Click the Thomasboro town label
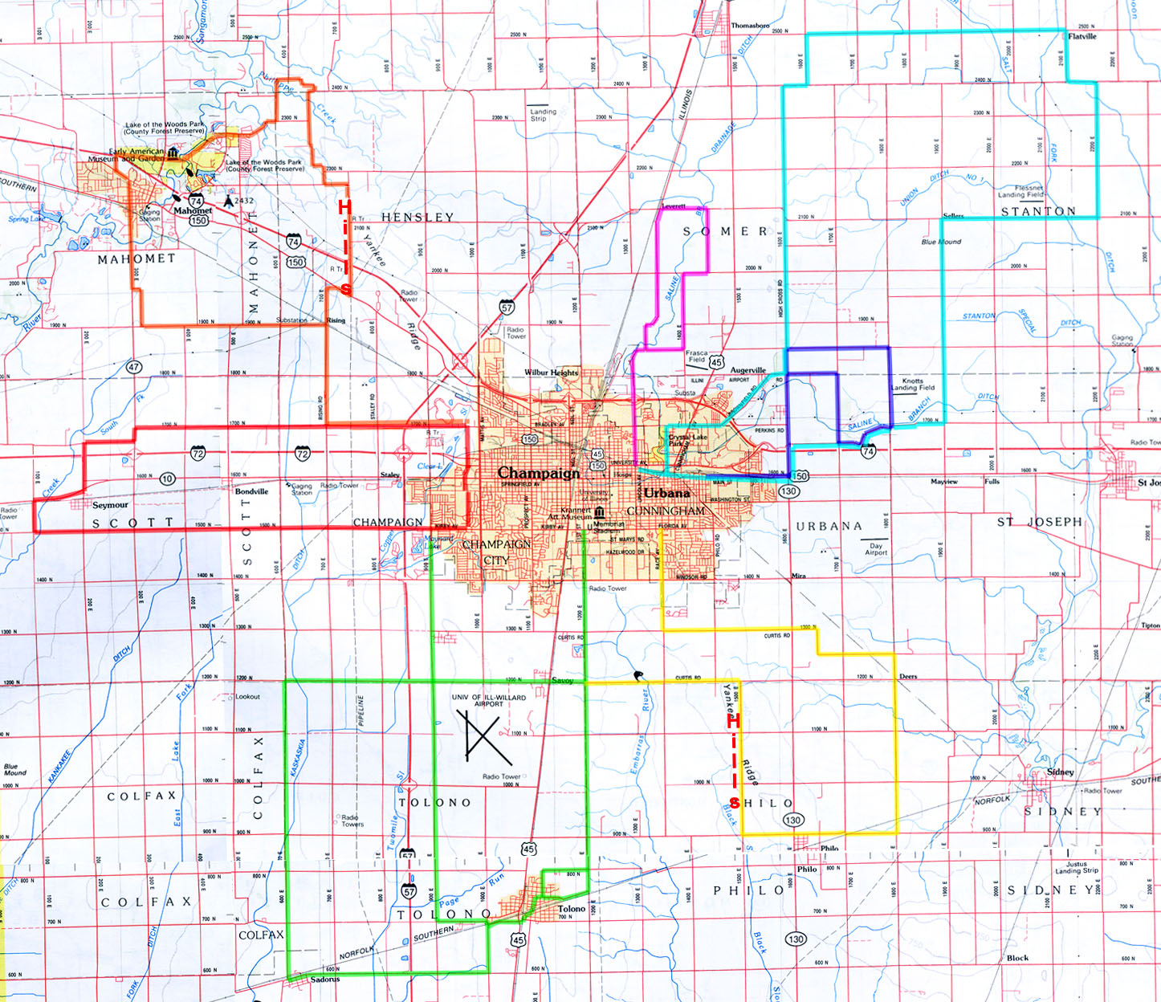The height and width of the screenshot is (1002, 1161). tap(750, 26)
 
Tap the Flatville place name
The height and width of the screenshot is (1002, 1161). tap(1082, 36)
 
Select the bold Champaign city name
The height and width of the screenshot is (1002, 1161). tap(538, 473)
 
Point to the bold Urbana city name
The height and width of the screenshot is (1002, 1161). tap(666, 492)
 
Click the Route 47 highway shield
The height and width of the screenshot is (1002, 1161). tap(134, 367)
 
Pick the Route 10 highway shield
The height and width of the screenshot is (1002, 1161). tap(167, 479)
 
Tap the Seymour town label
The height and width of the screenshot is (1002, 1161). tap(110, 505)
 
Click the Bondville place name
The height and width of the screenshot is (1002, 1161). tap(251, 491)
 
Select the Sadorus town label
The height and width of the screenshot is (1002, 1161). tap(325, 980)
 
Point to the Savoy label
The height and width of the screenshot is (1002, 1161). tap(562, 681)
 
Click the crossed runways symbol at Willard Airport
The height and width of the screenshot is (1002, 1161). tap(484, 735)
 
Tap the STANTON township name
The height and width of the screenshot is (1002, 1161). tap(1038, 211)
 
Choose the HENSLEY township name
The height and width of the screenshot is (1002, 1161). tap(418, 217)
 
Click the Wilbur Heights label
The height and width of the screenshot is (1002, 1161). tap(551, 373)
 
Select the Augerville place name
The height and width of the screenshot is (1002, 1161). tap(748, 371)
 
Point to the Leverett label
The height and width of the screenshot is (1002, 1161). tap(674, 206)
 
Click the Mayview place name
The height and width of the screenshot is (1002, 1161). tap(943, 482)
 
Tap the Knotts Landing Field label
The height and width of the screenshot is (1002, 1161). tap(913, 385)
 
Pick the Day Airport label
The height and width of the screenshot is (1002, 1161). tap(876, 549)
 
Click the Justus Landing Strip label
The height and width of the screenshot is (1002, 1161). tap(1077, 868)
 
